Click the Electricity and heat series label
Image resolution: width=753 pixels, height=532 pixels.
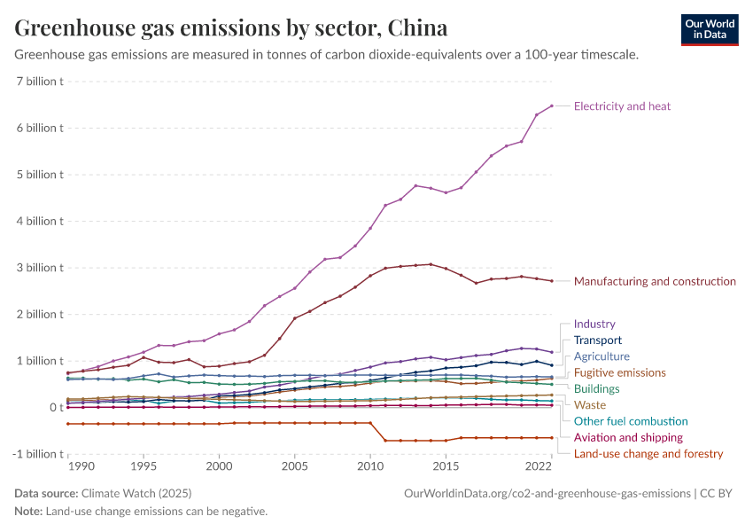pos(622,106)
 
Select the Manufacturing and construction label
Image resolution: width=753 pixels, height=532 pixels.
pos(655,281)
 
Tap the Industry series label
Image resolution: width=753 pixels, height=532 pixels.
pos(594,325)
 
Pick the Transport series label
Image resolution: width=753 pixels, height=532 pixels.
pos(598,340)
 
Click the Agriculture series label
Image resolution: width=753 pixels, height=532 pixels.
pos(602,356)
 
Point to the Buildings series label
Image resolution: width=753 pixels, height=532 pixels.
pos(596,388)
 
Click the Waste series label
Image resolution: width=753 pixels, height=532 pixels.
pos(590,405)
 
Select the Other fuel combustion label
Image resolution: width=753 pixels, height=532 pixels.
pos(631,421)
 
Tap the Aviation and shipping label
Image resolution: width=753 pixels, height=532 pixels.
pos(628,437)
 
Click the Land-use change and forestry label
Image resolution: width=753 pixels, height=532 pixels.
pos(648,454)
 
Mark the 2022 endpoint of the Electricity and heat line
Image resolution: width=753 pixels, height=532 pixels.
pos(551,106)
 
